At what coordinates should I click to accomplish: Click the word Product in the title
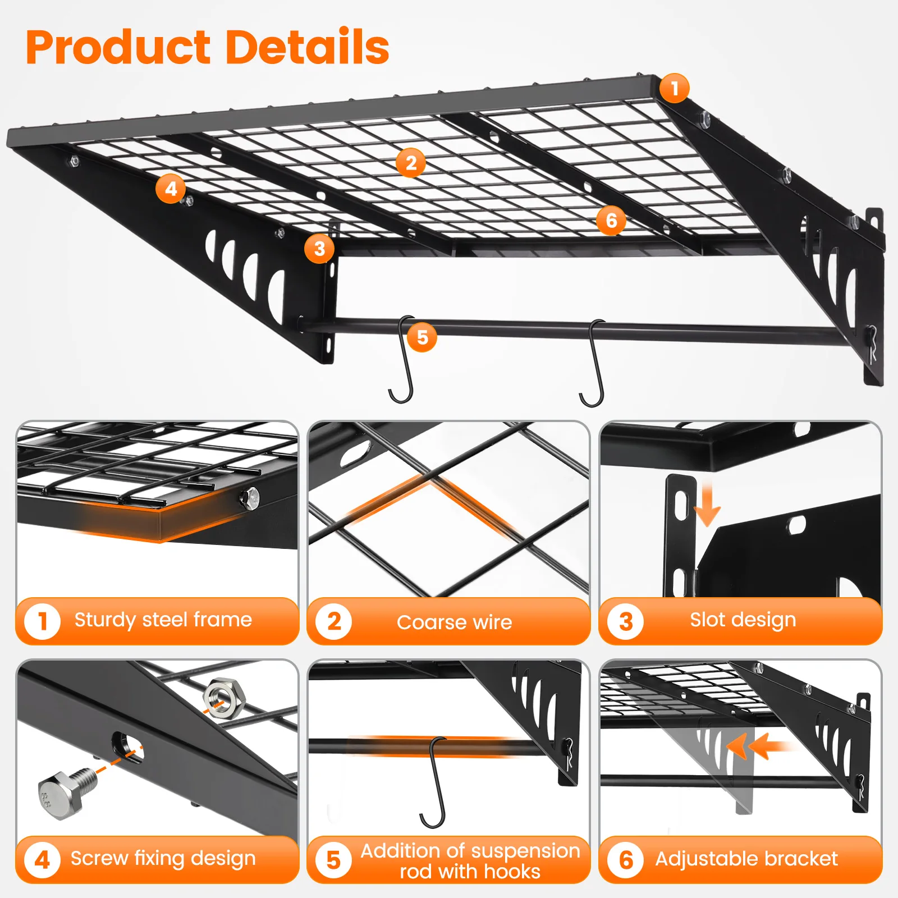click(118, 48)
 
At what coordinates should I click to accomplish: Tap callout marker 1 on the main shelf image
click(674, 88)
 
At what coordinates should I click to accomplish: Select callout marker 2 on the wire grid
click(411, 163)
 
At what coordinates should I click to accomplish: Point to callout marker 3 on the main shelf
click(319, 249)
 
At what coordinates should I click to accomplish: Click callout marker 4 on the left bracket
click(171, 189)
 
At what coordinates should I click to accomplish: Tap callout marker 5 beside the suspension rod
click(422, 337)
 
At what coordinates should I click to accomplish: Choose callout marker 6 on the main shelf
click(611, 221)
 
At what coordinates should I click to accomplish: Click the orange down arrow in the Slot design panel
click(707, 505)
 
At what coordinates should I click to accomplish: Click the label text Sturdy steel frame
click(163, 620)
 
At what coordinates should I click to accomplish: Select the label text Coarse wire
click(454, 622)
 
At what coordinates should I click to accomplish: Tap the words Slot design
click(743, 620)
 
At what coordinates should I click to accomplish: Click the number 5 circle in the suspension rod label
click(333, 860)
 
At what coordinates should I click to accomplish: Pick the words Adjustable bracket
click(746, 859)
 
